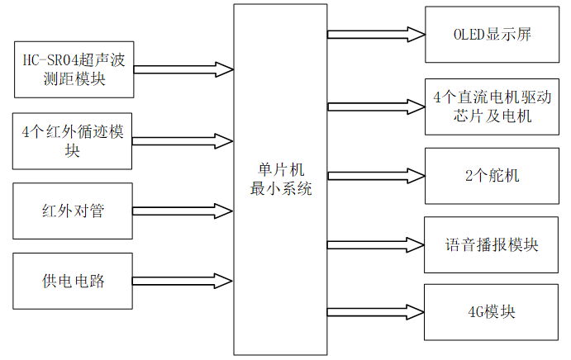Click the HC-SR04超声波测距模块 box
[73, 70]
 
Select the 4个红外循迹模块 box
[73, 140]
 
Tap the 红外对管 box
[73, 211]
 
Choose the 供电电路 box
[73, 281]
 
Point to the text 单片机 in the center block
[280, 170]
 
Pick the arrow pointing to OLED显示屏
[376, 35]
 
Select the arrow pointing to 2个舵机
[376, 176]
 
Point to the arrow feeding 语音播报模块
[376, 245]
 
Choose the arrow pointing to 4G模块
[376, 313]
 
